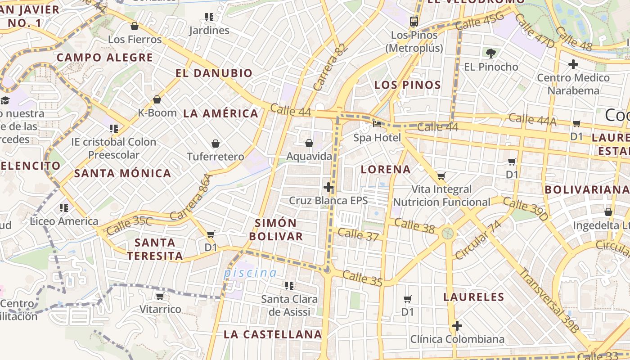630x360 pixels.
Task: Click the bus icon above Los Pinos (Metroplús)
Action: click(414, 21)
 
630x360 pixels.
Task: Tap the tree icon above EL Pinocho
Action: click(490, 54)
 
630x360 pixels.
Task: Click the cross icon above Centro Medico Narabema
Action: click(573, 64)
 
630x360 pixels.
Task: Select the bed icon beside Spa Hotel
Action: click(377, 124)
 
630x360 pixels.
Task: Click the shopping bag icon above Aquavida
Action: click(309, 143)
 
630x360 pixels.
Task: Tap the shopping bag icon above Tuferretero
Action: click(216, 144)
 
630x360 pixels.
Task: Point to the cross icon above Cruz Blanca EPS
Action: click(328, 187)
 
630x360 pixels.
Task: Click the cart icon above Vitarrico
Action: click(160, 296)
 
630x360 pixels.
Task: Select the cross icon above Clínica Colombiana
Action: click(457, 326)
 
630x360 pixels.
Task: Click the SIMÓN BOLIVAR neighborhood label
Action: click(276, 229)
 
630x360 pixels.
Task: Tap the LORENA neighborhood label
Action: click(386, 170)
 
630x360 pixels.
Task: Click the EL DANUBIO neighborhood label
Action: click(214, 73)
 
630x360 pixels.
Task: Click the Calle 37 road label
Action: click(358, 234)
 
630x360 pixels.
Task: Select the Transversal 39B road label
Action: click(549, 300)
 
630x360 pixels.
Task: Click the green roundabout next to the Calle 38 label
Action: click(447, 233)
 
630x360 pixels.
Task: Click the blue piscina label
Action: click(251, 273)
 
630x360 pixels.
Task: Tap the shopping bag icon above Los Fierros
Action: click(134, 26)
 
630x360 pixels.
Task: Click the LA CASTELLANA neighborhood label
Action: click(273, 334)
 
